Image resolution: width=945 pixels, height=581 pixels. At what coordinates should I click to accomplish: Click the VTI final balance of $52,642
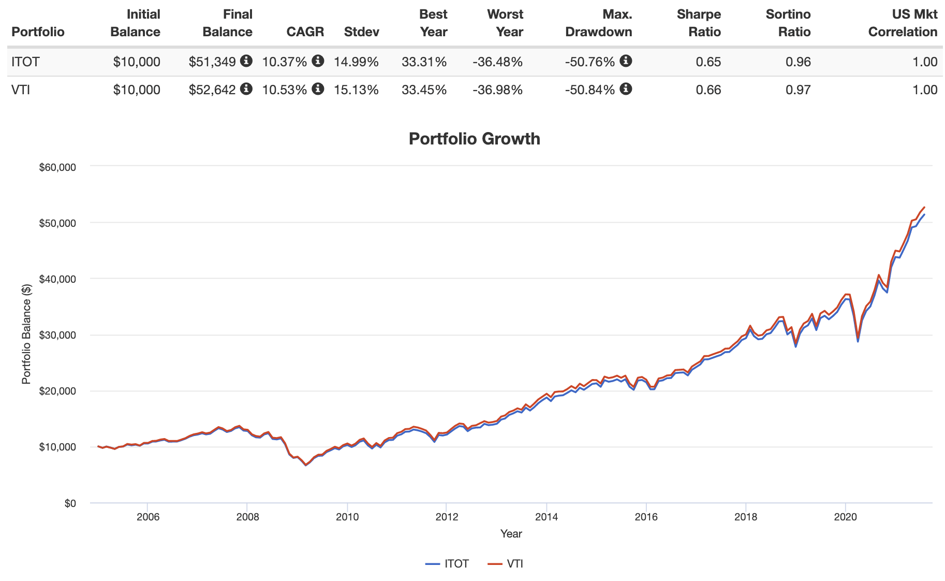212,90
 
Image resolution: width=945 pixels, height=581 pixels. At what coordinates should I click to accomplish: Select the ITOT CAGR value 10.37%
285,62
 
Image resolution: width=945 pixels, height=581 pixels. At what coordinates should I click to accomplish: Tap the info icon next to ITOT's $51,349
246,61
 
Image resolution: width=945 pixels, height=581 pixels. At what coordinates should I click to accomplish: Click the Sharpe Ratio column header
699,23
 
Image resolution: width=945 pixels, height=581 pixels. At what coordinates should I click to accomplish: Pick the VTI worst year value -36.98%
497,90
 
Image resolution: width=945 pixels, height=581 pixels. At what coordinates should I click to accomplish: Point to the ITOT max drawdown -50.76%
590,62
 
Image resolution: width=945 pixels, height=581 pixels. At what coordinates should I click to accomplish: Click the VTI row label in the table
21,90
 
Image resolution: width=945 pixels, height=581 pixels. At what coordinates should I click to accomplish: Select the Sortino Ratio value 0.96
798,62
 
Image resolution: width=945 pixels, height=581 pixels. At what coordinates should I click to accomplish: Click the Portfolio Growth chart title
474,139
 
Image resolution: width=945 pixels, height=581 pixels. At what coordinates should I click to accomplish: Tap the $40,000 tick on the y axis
57,279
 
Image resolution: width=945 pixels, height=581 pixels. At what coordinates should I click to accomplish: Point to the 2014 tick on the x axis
546,517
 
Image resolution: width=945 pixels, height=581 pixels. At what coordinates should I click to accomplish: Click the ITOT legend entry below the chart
448,564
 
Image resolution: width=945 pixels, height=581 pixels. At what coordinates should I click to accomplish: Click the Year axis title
511,534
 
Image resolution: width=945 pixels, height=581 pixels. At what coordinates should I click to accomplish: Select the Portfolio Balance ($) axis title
26,335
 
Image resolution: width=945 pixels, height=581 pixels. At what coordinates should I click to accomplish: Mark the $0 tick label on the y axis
70,503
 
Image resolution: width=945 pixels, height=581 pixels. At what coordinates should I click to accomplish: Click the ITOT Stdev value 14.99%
356,62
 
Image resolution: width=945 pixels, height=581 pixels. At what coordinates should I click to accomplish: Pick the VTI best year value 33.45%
424,90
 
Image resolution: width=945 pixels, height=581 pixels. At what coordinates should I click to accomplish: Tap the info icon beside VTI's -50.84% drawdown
626,89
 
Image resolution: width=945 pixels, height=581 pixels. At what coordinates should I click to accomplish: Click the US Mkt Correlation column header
903,23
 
